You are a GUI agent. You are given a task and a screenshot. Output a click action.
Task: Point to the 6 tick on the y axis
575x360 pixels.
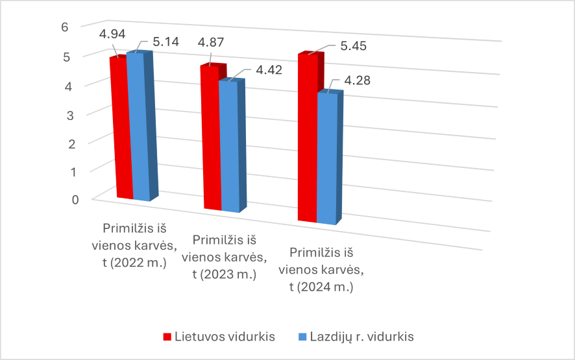click(x=64, y=27)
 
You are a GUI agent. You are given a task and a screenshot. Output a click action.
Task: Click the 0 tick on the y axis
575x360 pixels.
click(x=75, y=198)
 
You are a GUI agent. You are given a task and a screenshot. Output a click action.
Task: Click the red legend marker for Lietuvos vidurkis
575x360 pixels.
click(x=167, y=337)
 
